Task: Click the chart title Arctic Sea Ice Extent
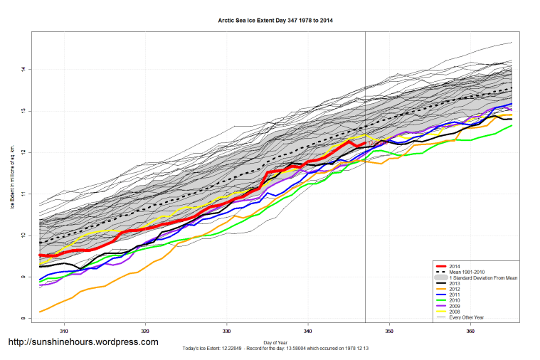[275, 20]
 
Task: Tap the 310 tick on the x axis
[65, 331]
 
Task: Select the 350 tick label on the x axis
[389, 331]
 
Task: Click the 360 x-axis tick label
[470, 331]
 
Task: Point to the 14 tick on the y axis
[23, 69]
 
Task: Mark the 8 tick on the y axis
[23, 318]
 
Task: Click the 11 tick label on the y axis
[23, 194]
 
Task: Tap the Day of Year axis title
[275, 342]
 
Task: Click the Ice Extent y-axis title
[11, 178]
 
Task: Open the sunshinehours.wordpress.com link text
[83, 342]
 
